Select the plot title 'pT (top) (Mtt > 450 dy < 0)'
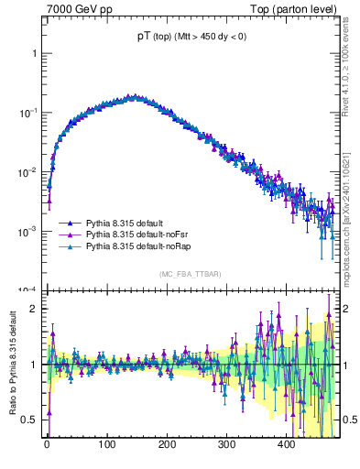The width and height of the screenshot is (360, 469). [191, 36]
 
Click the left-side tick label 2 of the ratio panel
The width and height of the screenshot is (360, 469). [33, 308]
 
